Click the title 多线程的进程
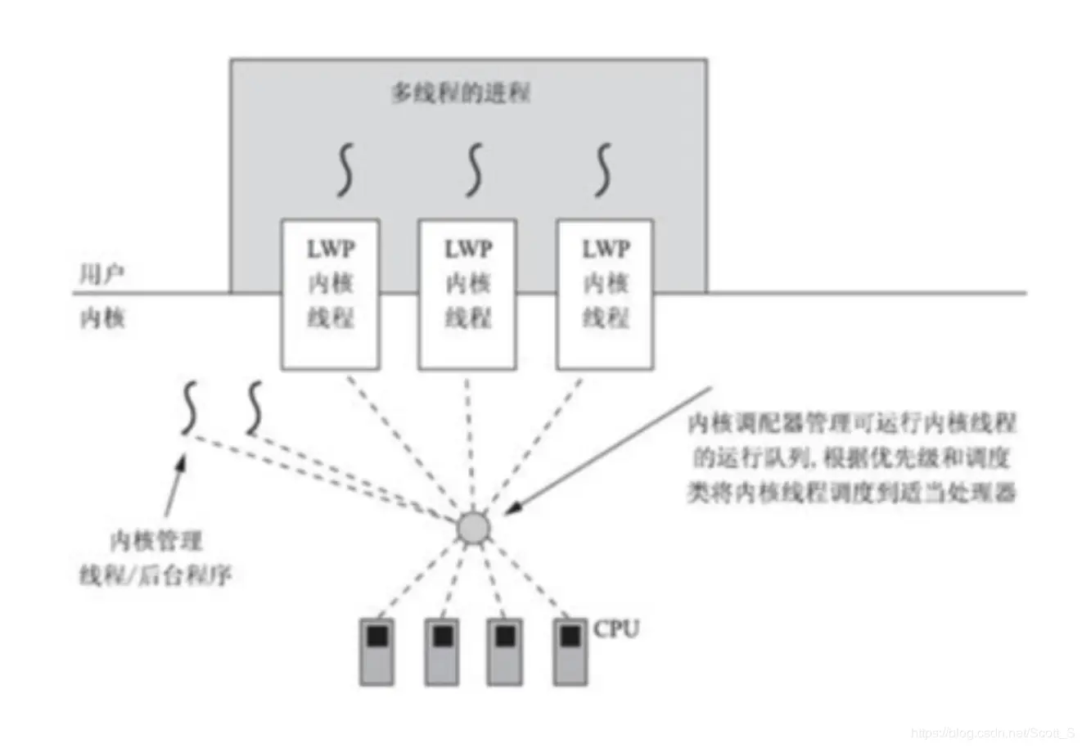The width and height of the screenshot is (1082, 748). (460, 92)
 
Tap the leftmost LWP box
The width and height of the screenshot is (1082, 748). (330, 294)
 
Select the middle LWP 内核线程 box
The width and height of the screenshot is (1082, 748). (467, 294)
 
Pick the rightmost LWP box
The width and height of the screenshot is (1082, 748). (605, 294)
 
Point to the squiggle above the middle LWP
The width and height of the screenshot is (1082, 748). (474, 169)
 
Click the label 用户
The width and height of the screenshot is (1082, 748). (101, 274)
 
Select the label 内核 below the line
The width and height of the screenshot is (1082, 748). (101, 318)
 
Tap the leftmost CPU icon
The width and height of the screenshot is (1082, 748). (376, 651)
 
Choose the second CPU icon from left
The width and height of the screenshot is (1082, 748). (441, 651)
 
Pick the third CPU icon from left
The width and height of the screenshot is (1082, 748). (505, 651)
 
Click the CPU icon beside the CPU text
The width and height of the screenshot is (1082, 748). (569, 651)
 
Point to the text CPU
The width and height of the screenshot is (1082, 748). (615, 629)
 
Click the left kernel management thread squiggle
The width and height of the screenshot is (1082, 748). (190, 407)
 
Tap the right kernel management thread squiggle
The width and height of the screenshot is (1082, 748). (255, 407)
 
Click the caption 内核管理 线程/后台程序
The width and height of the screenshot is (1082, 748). (156, 557)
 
